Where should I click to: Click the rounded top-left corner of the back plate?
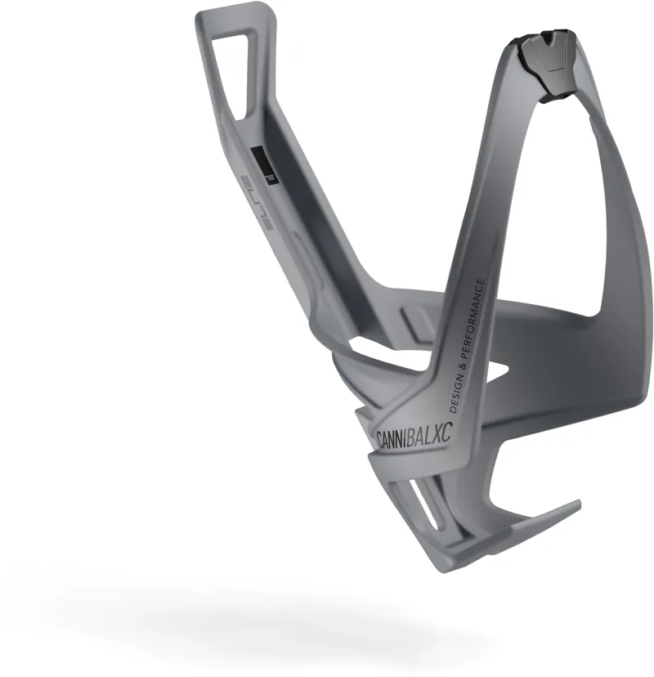(x=204, y=18)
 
